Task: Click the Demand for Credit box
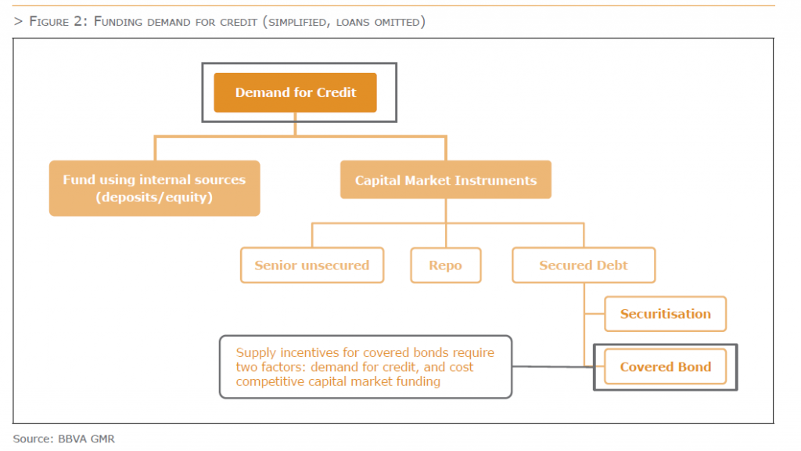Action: pyautogui.click(x=295, y=92)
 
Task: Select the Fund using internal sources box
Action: pyautogui.click(x=154, y=188)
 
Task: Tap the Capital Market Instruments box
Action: pyautogui.click(x=445, y=180)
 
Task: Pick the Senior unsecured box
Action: pyautogui.click(x=311, y=265)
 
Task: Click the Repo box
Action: pyautogui.click(x=445, y=265)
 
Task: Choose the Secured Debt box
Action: pyautogui.click(x=583, y=265)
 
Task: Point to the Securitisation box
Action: pyautogui.click(x=665, y=314)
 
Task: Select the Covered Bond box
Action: pyautogui.click(x=665, y=366)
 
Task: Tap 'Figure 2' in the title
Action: pyautogui.click(x=59, y=21)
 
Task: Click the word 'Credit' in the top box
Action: pyautogui.click(x=337, y=92)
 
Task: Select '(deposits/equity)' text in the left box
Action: pyautogui.click(x=154, y=197)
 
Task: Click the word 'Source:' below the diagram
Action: pyautogui.click(x=33, y=438)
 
